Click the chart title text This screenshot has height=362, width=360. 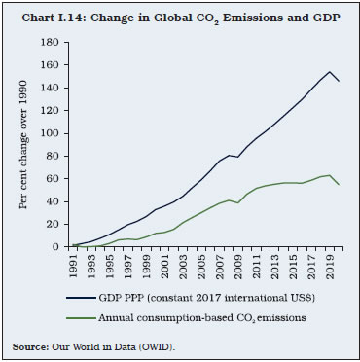[x=180, y=13]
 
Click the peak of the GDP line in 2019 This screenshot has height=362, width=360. [x=330, y=72]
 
